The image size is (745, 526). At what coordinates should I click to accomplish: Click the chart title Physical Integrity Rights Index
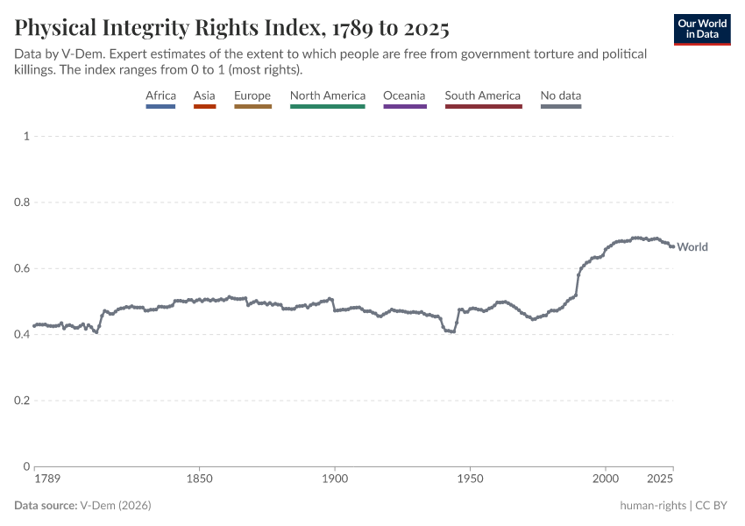tap(232, 28)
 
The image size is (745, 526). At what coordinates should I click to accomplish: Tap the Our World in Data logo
tap(702, 29)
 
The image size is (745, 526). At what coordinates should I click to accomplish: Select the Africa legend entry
tap(160, 96)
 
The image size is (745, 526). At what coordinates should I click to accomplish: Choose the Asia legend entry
tap(204, 96)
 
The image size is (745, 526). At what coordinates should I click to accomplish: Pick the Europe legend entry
tap(252, 96)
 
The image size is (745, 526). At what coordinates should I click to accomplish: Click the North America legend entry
tap(327, 96)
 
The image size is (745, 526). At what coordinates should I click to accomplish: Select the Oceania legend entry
tap(404, 96)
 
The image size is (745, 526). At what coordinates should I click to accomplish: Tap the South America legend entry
tap(482, 96)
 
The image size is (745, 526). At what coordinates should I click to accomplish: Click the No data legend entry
tap(560, 96)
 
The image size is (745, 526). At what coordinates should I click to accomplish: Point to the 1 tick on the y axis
tap(27, 136)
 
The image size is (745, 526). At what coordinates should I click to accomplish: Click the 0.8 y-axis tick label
tap(22, 203)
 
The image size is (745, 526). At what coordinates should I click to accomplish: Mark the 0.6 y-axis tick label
tap(22, 268)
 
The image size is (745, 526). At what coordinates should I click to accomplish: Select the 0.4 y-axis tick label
tap(22, 334)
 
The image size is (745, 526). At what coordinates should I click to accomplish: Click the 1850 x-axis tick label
tap(200, 480)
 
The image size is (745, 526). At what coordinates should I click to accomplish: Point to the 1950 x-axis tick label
tap(471, 480)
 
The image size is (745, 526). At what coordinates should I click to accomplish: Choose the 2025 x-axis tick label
tap(660, 480)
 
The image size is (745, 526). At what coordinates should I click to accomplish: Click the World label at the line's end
tap(692, 247)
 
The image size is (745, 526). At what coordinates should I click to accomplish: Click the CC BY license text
tap(712, 506)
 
